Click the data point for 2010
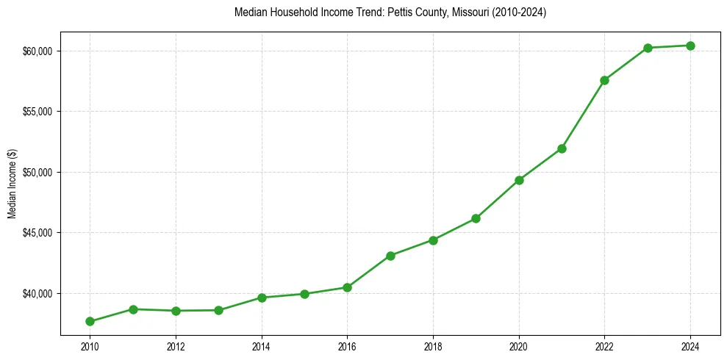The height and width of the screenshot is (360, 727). click(x=90, y=321)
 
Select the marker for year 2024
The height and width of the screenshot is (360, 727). click(x=690, y=46)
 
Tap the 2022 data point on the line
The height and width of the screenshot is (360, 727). click(x=604, y=80)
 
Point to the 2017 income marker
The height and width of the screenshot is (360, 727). click(x=390, y=256)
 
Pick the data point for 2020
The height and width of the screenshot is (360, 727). click(x=519, y=180)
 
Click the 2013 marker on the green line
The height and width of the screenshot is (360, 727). click(x=218, y=310)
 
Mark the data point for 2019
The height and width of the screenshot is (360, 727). click(x=476, y=218)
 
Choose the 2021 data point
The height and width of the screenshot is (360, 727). click(x=562, y=148)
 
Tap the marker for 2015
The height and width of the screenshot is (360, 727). click(x=304, y=294)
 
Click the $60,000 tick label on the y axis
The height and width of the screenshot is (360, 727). click(x=38, y=51)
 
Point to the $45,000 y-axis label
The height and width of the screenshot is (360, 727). click(x=38, y=233)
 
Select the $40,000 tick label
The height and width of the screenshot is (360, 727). click(x=38, y=294)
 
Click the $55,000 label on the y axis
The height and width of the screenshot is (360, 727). click(x=38, y=112)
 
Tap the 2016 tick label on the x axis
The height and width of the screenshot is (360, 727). click(x=347, y=345)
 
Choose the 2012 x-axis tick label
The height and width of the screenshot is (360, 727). click(x=176, y=345)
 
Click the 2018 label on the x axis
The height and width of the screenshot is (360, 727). click(x=433, y=345)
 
